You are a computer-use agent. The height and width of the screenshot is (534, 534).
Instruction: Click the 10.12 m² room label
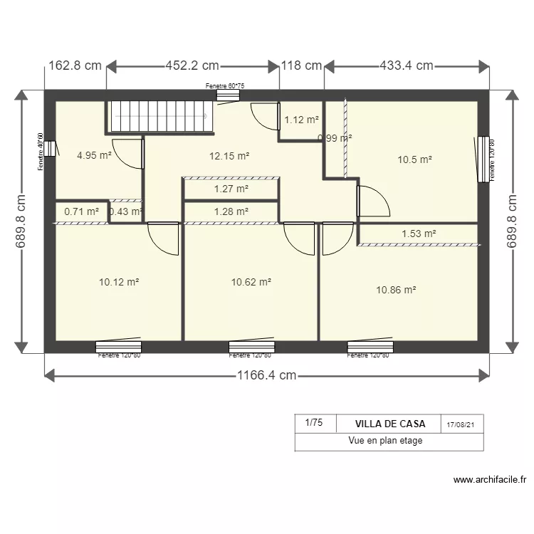point(119,282)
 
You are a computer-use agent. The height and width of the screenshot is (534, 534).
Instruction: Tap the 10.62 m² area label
point(251,282)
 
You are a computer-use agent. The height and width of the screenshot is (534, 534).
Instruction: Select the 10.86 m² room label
point(396,290)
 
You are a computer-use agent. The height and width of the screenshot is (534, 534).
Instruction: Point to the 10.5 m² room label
point(415,159)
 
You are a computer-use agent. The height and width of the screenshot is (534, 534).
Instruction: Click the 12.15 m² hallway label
point(229,156)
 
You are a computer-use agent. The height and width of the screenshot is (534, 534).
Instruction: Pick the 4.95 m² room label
point(94,155)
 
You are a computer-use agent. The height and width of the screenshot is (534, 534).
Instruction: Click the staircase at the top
point(161,116)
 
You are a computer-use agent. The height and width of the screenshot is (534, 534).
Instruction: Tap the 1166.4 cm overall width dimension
point(267,376)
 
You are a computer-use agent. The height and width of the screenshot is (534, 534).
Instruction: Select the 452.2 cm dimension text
point(192,66)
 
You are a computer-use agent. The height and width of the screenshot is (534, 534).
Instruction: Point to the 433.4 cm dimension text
point(406,66)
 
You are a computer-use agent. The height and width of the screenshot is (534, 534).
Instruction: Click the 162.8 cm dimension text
point(75,66)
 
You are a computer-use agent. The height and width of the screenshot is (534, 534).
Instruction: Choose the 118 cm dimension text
point(302,66)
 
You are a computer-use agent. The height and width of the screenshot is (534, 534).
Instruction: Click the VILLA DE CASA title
point(389,424)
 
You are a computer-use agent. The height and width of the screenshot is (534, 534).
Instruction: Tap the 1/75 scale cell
point(313,423)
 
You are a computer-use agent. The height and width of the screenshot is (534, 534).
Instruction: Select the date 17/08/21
point(461,424)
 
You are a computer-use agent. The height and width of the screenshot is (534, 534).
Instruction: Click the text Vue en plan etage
point(385,441)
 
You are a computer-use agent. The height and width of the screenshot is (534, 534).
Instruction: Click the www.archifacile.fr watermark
point(489,480)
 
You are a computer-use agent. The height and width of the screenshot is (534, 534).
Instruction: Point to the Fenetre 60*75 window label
point(225,86)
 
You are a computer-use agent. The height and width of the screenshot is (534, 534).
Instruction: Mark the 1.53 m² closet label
point(418,233)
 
